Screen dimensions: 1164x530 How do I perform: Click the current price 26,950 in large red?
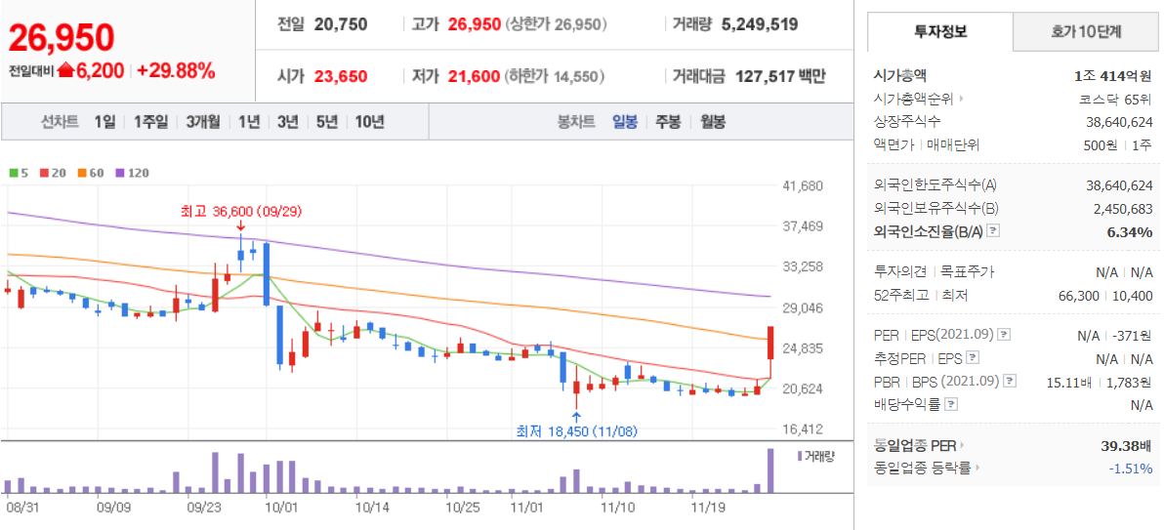point(61,37)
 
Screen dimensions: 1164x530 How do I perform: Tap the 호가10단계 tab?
point(1086,32)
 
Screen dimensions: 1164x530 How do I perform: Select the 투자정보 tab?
point(940,32)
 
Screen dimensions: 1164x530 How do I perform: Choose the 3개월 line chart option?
point(203,122)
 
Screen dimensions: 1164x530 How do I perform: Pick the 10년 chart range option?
point(370,122)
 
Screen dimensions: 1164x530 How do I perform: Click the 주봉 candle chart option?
point(667,122)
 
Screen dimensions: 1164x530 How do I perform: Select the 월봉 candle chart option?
point(713,122)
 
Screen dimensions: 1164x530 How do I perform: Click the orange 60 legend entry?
point(91,173)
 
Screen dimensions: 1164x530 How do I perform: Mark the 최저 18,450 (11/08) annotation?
point(578,431)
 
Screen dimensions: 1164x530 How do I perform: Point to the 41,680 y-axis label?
point(803,184)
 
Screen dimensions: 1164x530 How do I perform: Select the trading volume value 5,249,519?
point(760,24)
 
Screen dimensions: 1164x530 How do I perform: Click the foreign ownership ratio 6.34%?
point(1130,232)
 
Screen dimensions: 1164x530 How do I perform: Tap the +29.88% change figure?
point(176,70)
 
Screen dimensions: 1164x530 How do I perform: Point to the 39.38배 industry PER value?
point(1127,445)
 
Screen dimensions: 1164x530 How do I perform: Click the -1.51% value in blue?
point(1131,469)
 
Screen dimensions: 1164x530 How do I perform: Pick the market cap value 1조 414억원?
point(1113,75)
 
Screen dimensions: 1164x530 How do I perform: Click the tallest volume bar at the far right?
point(770,470)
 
